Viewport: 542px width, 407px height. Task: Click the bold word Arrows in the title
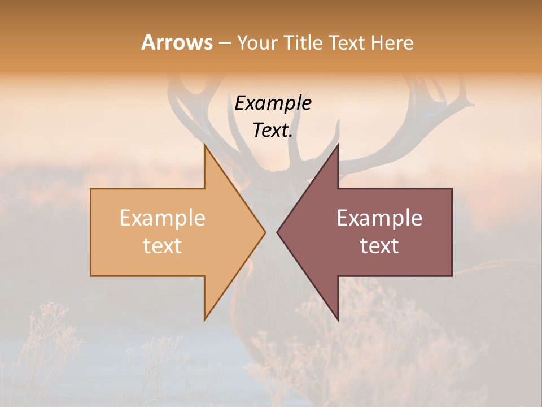[177, 42]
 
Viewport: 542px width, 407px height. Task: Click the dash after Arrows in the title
[224, 43]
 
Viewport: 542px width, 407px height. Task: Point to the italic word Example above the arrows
[273, 103]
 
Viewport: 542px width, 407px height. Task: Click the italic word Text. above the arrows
[273, 130]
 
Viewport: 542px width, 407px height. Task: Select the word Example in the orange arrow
[163, 218]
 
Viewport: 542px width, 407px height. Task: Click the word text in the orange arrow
[163, 245]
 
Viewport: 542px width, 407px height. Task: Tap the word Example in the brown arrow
[379, 218]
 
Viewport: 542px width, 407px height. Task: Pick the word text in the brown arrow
[379, 245]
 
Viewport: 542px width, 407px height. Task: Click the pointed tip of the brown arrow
[278, 232]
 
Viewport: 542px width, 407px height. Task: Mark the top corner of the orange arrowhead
[205, 146]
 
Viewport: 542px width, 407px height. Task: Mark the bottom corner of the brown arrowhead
[338, 318]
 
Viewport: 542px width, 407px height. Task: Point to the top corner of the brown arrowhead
[338, 146]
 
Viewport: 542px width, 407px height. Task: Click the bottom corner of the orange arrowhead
[205, 318]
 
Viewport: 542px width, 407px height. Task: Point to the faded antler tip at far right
[471, 103]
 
